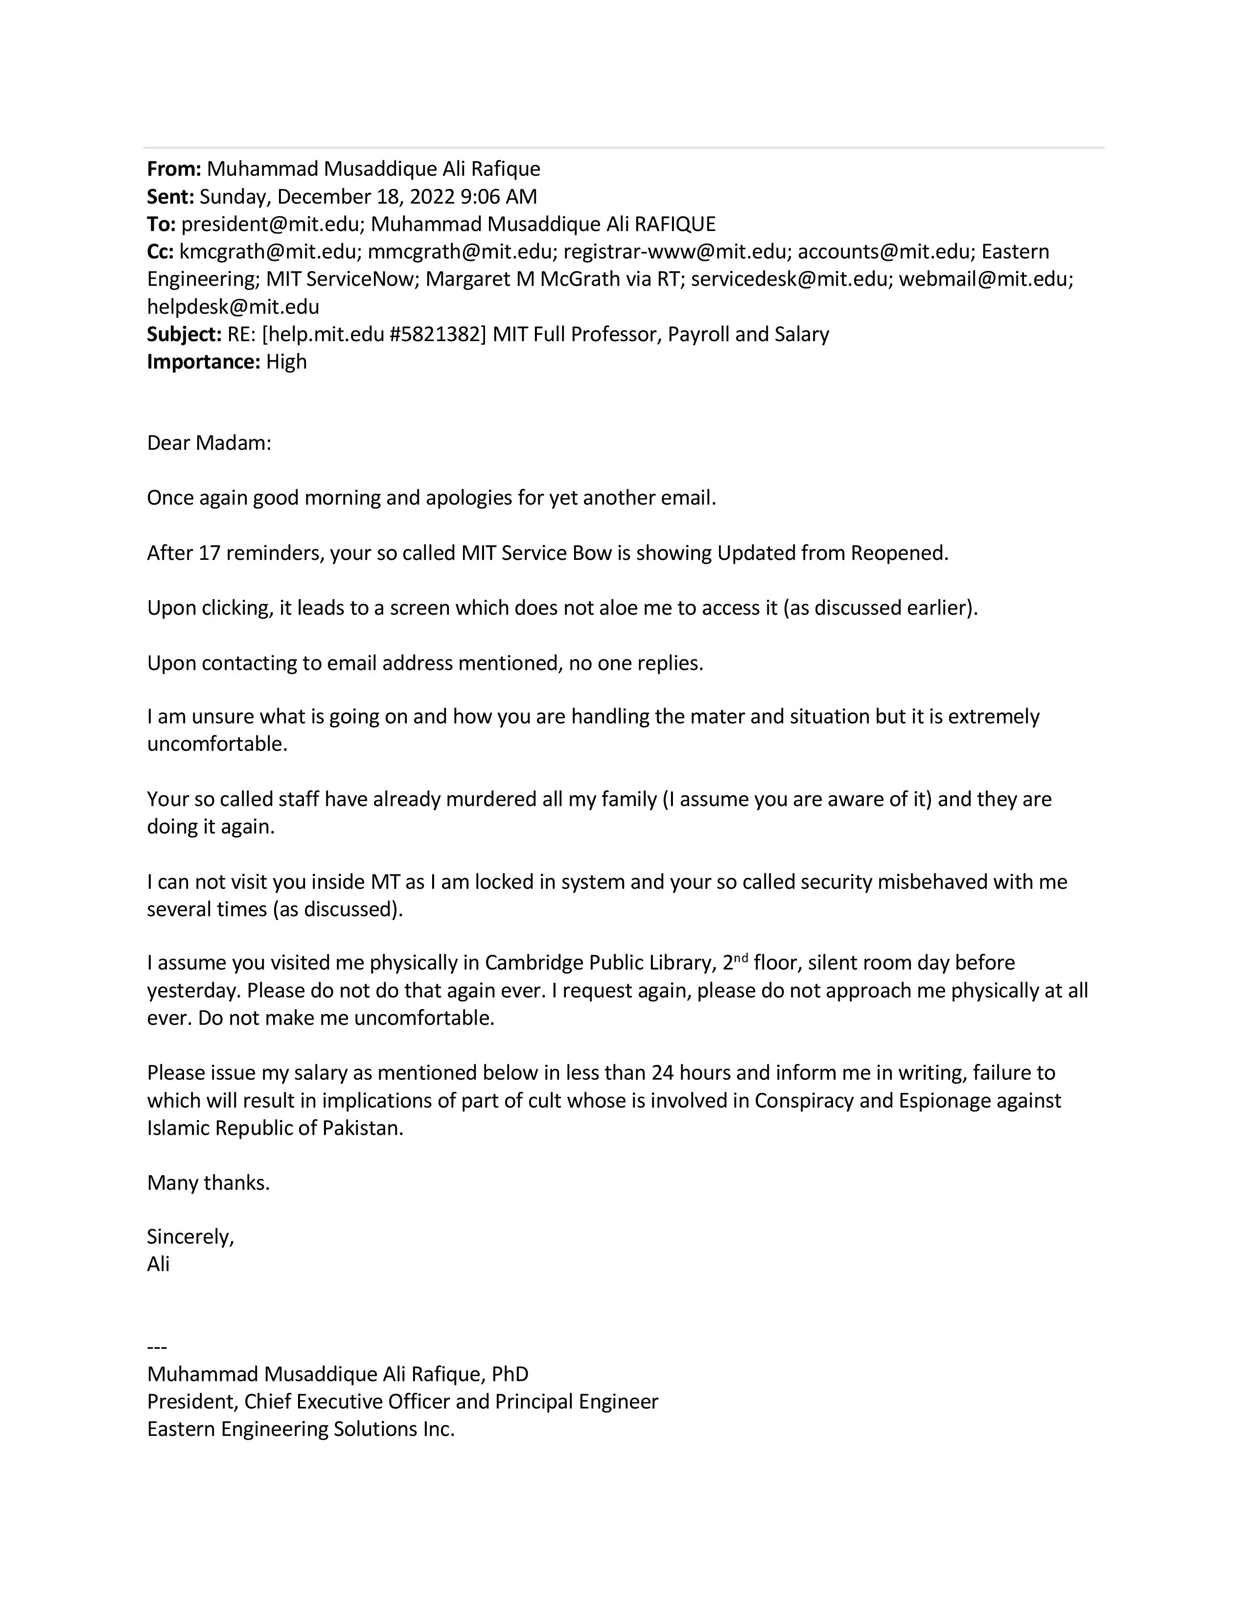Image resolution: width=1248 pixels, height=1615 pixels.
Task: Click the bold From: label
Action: [x=174, y=169]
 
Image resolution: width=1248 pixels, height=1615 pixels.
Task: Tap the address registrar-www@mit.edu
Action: [x=674, y=252]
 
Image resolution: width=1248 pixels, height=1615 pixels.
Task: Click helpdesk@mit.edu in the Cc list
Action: [x=233, y=307]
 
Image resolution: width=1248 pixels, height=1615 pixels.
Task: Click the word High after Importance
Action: [x=286, y=362]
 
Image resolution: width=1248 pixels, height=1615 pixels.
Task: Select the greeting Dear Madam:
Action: [x=209, y=444]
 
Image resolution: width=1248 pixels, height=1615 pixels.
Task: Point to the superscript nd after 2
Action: [x=741, y=958]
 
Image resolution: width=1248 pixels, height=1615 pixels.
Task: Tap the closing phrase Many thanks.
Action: [x=208, y=1183]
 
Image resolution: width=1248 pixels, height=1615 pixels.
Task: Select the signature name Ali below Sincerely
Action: [x=158, y=1265]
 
